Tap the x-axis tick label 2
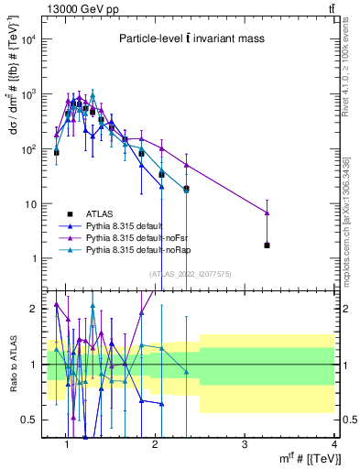[x=155, y=444]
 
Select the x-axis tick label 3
[x=245, y=444]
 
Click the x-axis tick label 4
[x=333, y=444]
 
